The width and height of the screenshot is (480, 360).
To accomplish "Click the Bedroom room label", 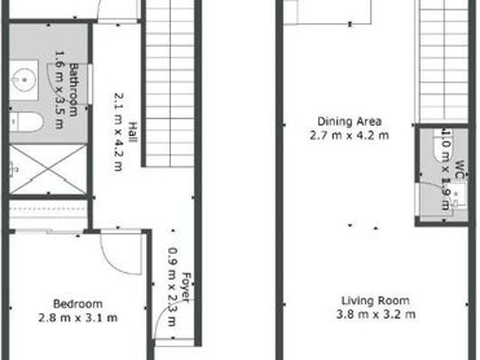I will coord(77,304).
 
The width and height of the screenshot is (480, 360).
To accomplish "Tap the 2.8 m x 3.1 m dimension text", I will coord(77,317).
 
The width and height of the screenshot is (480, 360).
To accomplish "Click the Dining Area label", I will coord(349,121).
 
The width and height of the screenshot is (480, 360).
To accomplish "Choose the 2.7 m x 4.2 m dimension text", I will coord(349,136).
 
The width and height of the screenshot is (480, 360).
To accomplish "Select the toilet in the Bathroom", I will coord(25,121).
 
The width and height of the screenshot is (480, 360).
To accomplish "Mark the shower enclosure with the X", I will coord(48,169).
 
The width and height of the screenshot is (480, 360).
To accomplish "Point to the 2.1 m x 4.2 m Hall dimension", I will coord(118,132).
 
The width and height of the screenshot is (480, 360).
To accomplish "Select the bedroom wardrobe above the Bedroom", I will coord(48,214).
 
